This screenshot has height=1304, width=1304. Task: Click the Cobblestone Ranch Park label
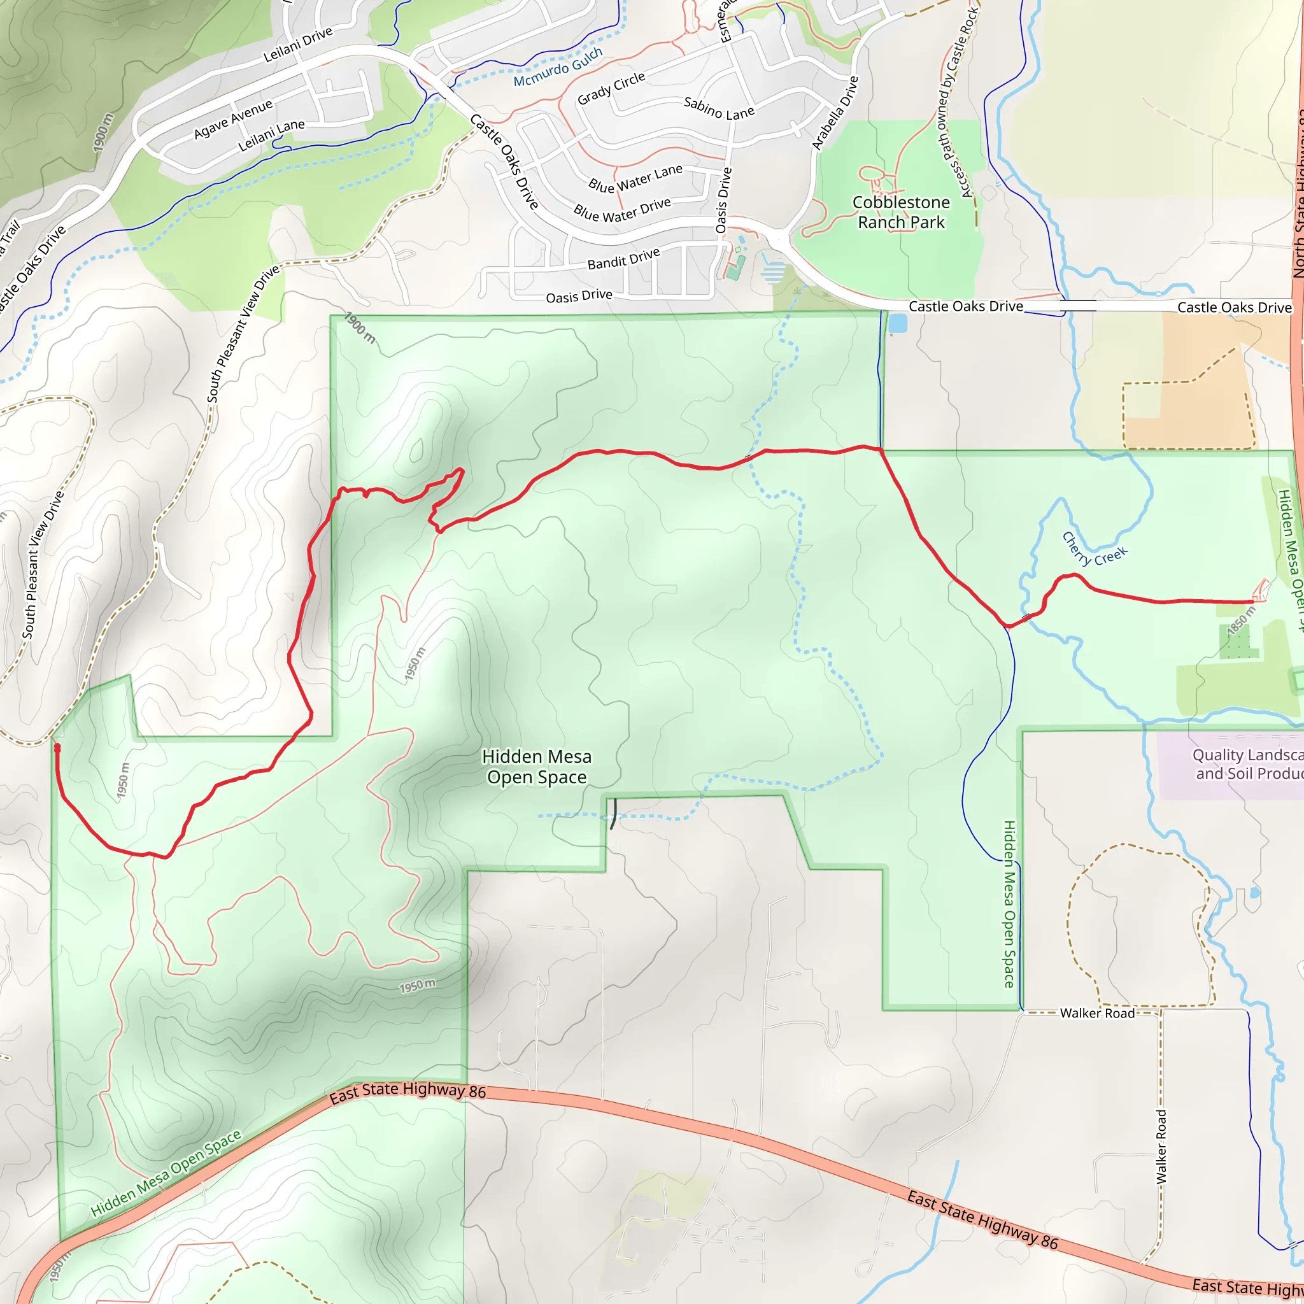point(900,212)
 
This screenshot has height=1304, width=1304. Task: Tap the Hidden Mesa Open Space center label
point(537,767)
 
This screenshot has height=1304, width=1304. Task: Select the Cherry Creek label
point(1094,549)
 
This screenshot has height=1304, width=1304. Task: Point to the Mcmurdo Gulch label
point(558,67)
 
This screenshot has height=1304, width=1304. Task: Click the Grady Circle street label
point(611,89)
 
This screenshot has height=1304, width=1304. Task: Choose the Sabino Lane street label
point(719,108)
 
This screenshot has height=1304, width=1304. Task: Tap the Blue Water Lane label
point(635,179)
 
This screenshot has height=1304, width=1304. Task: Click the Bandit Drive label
point(623,259)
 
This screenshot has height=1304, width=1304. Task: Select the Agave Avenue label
point(233,119)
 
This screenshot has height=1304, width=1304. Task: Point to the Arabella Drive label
point(835,113)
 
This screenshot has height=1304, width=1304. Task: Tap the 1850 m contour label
point(1240,620)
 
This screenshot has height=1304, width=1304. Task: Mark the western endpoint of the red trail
point(57,747)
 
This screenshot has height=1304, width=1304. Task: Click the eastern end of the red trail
point(1254,600)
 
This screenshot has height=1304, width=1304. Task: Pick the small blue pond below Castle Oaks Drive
point(898,324)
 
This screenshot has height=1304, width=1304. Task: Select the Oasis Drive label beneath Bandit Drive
point(578,296)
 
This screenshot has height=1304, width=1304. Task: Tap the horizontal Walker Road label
point(1097,1013)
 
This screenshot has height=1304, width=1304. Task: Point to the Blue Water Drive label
point(621,210)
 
